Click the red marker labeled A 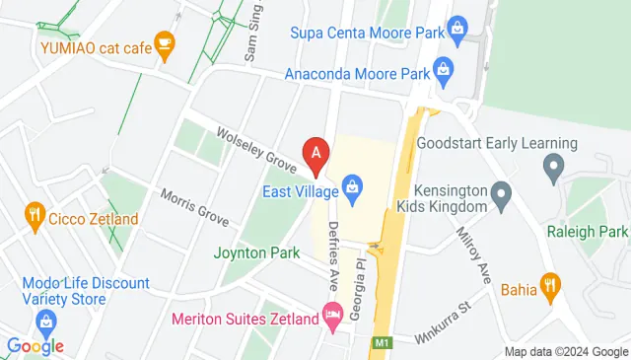[x=316, y=154]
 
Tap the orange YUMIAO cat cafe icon [x=165, y=42]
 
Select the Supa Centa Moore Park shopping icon [x=456, y=33]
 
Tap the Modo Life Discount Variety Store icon [x=45, y=322]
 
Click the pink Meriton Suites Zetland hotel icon [x=333, y=318]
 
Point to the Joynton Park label [x=256, y=252]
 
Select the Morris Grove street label [x=194, y=207]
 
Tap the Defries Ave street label [x=333, y=254]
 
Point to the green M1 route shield [x=383, y=343]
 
